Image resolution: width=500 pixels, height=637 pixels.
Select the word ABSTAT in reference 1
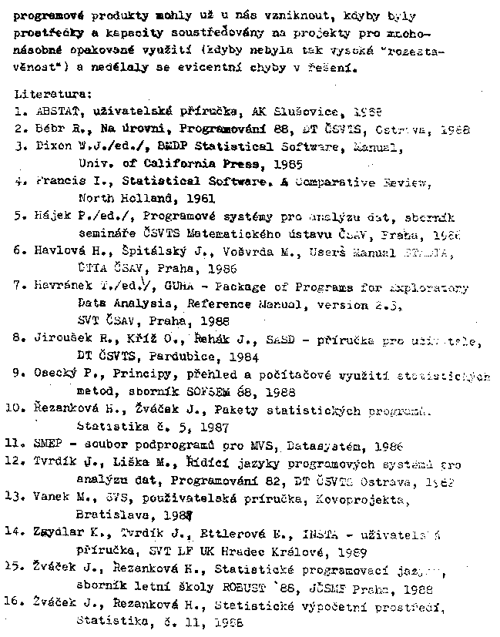[x=55, y=111]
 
